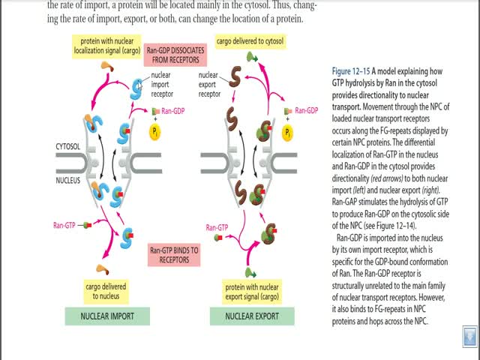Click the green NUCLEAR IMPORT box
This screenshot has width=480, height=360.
coord(107,316)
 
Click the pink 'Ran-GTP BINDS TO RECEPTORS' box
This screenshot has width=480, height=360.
coord(173,255)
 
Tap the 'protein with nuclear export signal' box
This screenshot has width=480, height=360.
coord(253,290)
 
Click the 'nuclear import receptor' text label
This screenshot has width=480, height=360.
coord(162,85)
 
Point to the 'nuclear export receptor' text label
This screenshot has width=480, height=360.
coord(209,85)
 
